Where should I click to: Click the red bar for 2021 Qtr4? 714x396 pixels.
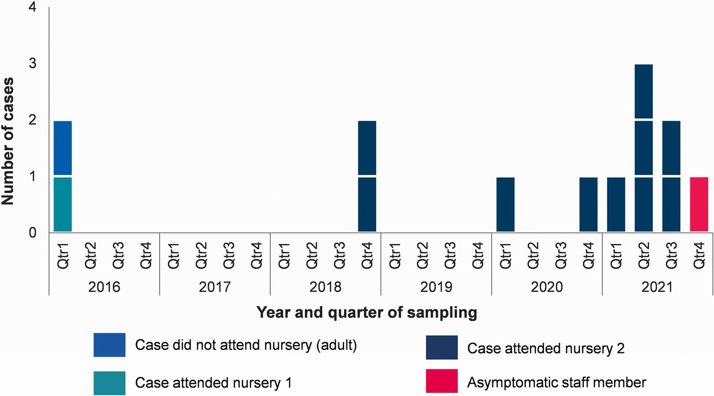click(x=699, y=204)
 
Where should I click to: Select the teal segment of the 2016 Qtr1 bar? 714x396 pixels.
click(x=63, y=204)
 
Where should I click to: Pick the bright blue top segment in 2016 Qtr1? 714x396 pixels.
click(x=63, y=148)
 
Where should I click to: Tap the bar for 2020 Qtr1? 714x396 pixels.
click(x=505, y=204)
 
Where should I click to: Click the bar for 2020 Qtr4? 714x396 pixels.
click(x=589, y=204)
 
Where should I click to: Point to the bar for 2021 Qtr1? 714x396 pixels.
click(x=616, y=204)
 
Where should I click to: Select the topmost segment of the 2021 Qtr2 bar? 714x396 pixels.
click(x=644, y=91)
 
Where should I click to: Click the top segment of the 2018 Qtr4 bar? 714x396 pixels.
click(x=367, y=148)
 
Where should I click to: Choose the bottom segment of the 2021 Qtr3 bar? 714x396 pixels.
click(x=671, y=204)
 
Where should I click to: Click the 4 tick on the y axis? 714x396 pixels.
click(x=33, y=7)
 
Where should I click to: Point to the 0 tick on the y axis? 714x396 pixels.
click(x=33, y=233)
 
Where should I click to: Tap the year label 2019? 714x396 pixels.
click(x=436, y=287)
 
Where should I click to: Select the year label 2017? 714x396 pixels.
click(x=215, y=287)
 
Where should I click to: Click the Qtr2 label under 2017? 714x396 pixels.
click(x=201, y=255)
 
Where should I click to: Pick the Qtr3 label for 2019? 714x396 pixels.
click(x=450, y=255)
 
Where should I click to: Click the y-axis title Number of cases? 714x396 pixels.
click(x=7, y=141)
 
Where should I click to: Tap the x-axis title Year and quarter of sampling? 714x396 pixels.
click(x=367, y=313)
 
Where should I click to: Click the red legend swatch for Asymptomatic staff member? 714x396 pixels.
click(x=442, y=381)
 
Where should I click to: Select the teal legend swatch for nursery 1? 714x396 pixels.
click(x=109, y=383)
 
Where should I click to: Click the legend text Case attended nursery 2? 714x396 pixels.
click(x=546, y=348)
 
